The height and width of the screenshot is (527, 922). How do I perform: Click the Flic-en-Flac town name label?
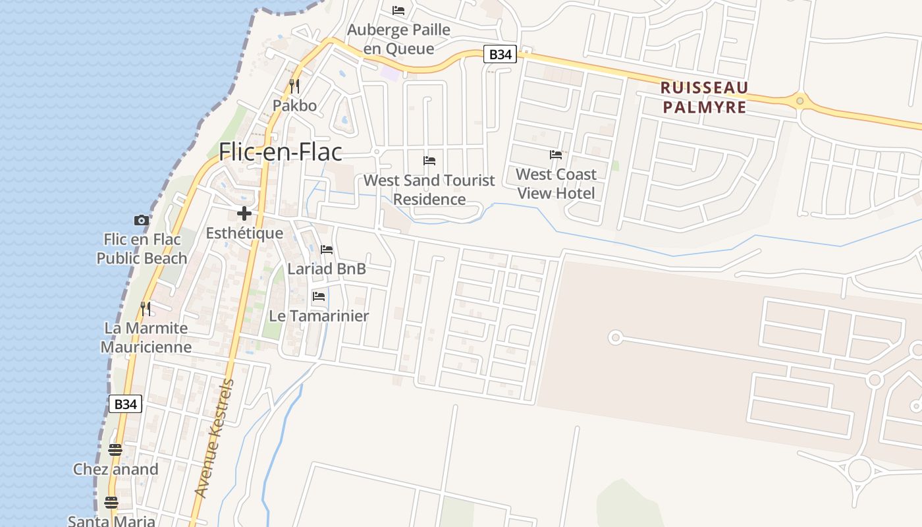281,152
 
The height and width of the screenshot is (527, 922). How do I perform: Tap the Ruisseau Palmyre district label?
704,97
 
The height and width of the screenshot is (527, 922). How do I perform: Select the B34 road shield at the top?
500,55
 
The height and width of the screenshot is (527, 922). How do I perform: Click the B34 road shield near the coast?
125,404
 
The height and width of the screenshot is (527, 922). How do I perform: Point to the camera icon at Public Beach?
142,220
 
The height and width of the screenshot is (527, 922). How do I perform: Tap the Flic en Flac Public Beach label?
142,249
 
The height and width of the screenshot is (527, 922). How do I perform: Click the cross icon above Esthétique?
244,213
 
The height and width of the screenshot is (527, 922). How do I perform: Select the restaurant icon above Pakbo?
294,86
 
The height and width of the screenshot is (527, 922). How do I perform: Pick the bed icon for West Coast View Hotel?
556,155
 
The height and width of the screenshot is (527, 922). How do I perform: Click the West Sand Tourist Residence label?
429,190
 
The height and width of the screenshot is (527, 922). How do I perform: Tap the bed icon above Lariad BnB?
327,250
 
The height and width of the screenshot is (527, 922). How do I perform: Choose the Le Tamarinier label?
319,316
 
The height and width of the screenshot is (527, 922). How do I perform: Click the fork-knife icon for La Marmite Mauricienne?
146,308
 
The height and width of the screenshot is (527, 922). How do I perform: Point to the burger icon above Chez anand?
115,450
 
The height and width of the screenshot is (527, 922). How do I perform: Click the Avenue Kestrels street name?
215,438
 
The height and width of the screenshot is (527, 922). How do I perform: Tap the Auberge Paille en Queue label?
399,39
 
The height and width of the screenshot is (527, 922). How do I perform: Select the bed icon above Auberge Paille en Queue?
398,11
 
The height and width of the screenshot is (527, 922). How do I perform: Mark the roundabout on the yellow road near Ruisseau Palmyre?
800,101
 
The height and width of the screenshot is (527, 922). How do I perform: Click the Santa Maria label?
112,521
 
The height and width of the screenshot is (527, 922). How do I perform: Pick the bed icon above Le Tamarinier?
319,296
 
